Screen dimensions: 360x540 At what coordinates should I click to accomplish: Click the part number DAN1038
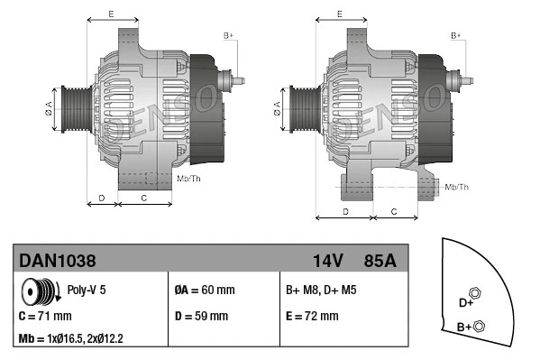point(58,260)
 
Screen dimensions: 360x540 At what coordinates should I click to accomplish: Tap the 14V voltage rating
point(328,260)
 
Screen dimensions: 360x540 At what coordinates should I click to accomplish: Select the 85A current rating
point(379,260)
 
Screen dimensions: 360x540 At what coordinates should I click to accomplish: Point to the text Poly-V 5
point(86,291)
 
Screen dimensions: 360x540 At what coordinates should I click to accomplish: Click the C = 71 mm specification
point(45,316)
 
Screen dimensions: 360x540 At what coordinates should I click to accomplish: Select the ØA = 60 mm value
point(204,291)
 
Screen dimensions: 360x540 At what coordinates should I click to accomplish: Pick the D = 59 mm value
point(200,316)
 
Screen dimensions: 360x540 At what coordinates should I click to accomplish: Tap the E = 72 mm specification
point(312,316)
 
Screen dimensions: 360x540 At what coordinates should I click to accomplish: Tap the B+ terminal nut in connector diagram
point(479,326)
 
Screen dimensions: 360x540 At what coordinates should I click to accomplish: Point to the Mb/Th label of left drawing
point(189,180)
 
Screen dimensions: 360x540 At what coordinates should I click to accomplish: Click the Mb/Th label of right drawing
point(458,187)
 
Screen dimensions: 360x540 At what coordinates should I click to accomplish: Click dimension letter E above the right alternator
point(339,14)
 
